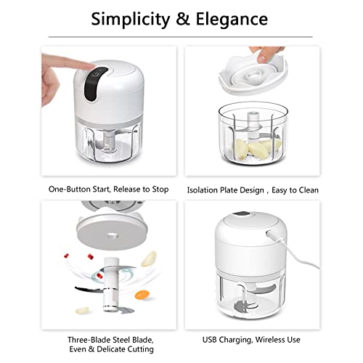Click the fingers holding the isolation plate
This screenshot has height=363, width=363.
256,53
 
